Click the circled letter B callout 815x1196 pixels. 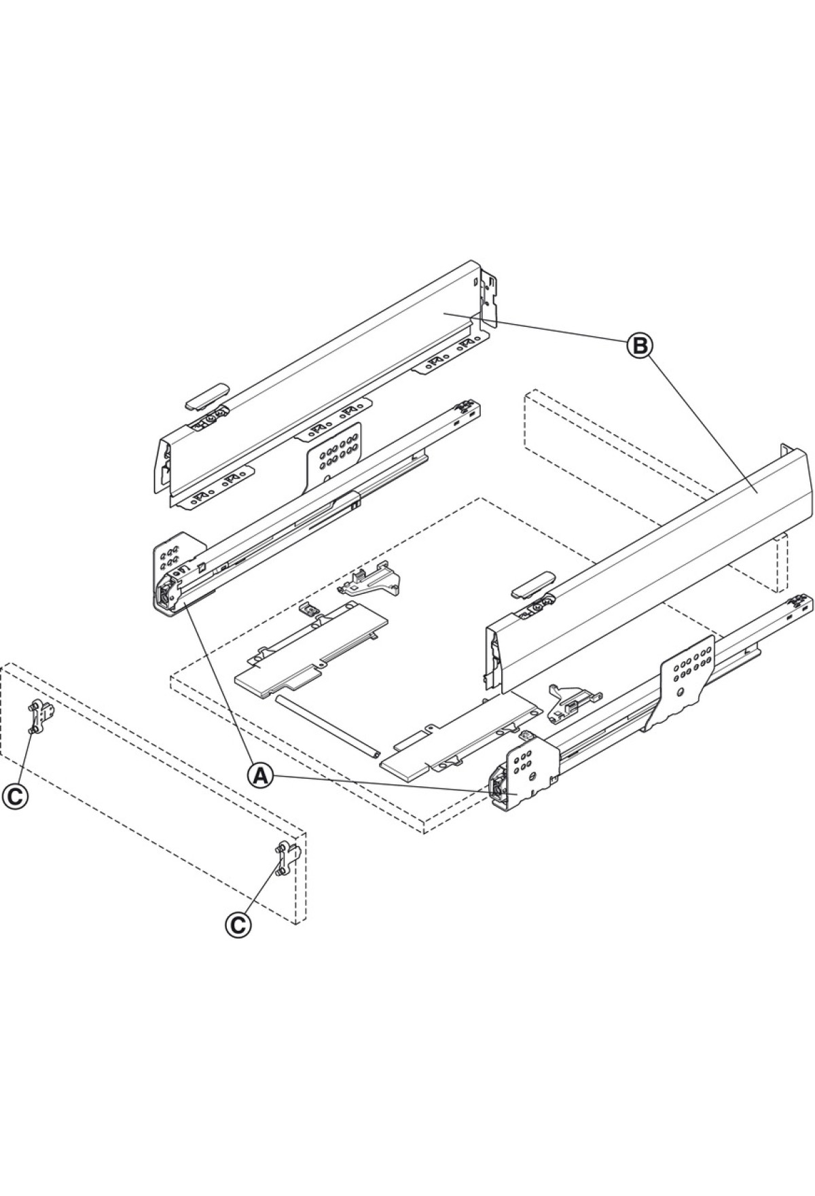[639, 346]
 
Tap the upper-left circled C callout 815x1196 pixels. [14, 796]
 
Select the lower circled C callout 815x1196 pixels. [238, 924]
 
